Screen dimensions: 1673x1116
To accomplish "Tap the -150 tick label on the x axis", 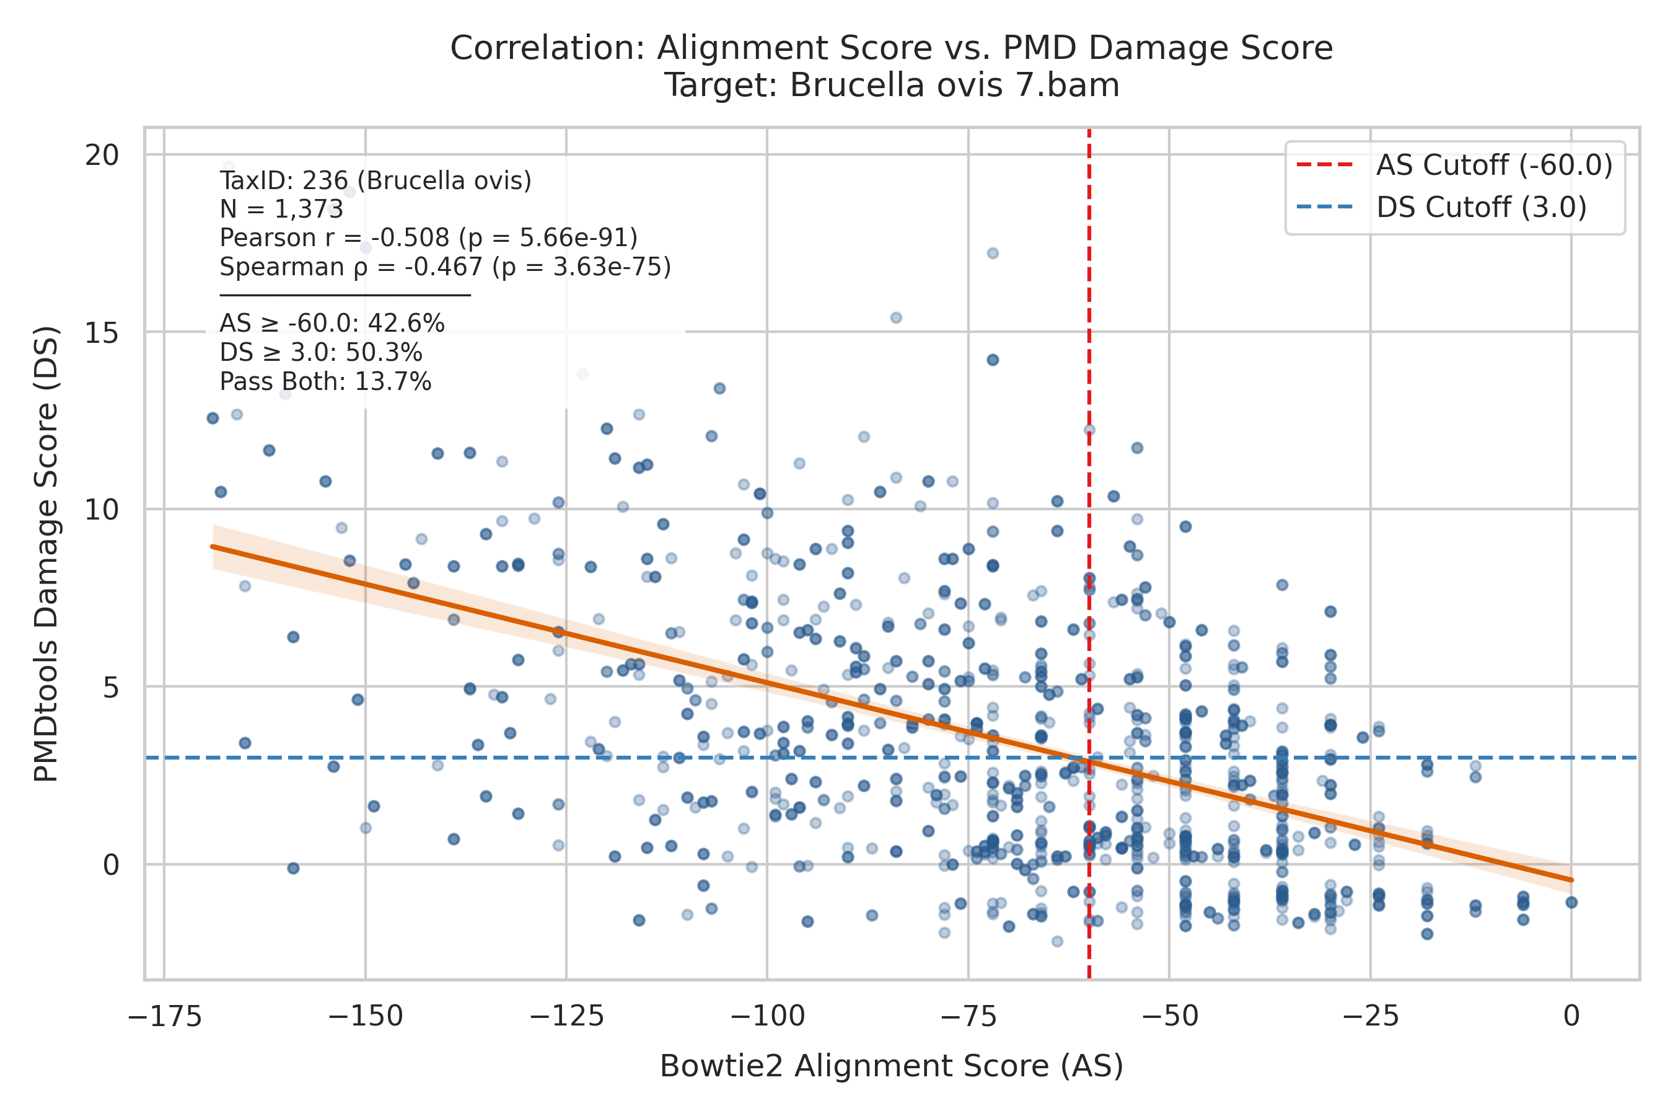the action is tap(365, 1016).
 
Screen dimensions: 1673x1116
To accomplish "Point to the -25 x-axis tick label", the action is tap(1370, 1016).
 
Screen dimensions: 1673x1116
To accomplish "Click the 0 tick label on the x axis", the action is tap(1571, 1016).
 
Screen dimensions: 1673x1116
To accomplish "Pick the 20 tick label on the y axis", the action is tap(102, 154).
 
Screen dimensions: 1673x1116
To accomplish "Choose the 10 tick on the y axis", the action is tap(102, 509).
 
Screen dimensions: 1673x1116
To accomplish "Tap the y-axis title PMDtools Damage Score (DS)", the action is tap(46, 554).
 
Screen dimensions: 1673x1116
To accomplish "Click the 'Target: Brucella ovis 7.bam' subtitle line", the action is tap(892, 86).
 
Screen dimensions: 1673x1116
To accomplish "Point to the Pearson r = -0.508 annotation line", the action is tap(428, 237).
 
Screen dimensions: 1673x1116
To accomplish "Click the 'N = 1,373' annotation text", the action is tap(281, 210).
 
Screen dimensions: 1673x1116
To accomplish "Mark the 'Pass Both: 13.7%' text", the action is tap(325, 382).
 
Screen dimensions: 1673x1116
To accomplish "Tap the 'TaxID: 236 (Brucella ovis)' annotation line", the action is tap(375, 181).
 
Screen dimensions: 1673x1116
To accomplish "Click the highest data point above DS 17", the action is tap(228, 167).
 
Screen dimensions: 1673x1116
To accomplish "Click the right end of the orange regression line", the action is tap(1572, 880).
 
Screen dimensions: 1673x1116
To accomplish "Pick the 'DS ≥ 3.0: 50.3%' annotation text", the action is tap(321, 353).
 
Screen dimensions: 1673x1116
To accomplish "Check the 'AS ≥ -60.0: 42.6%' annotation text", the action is tap(332, 324).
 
